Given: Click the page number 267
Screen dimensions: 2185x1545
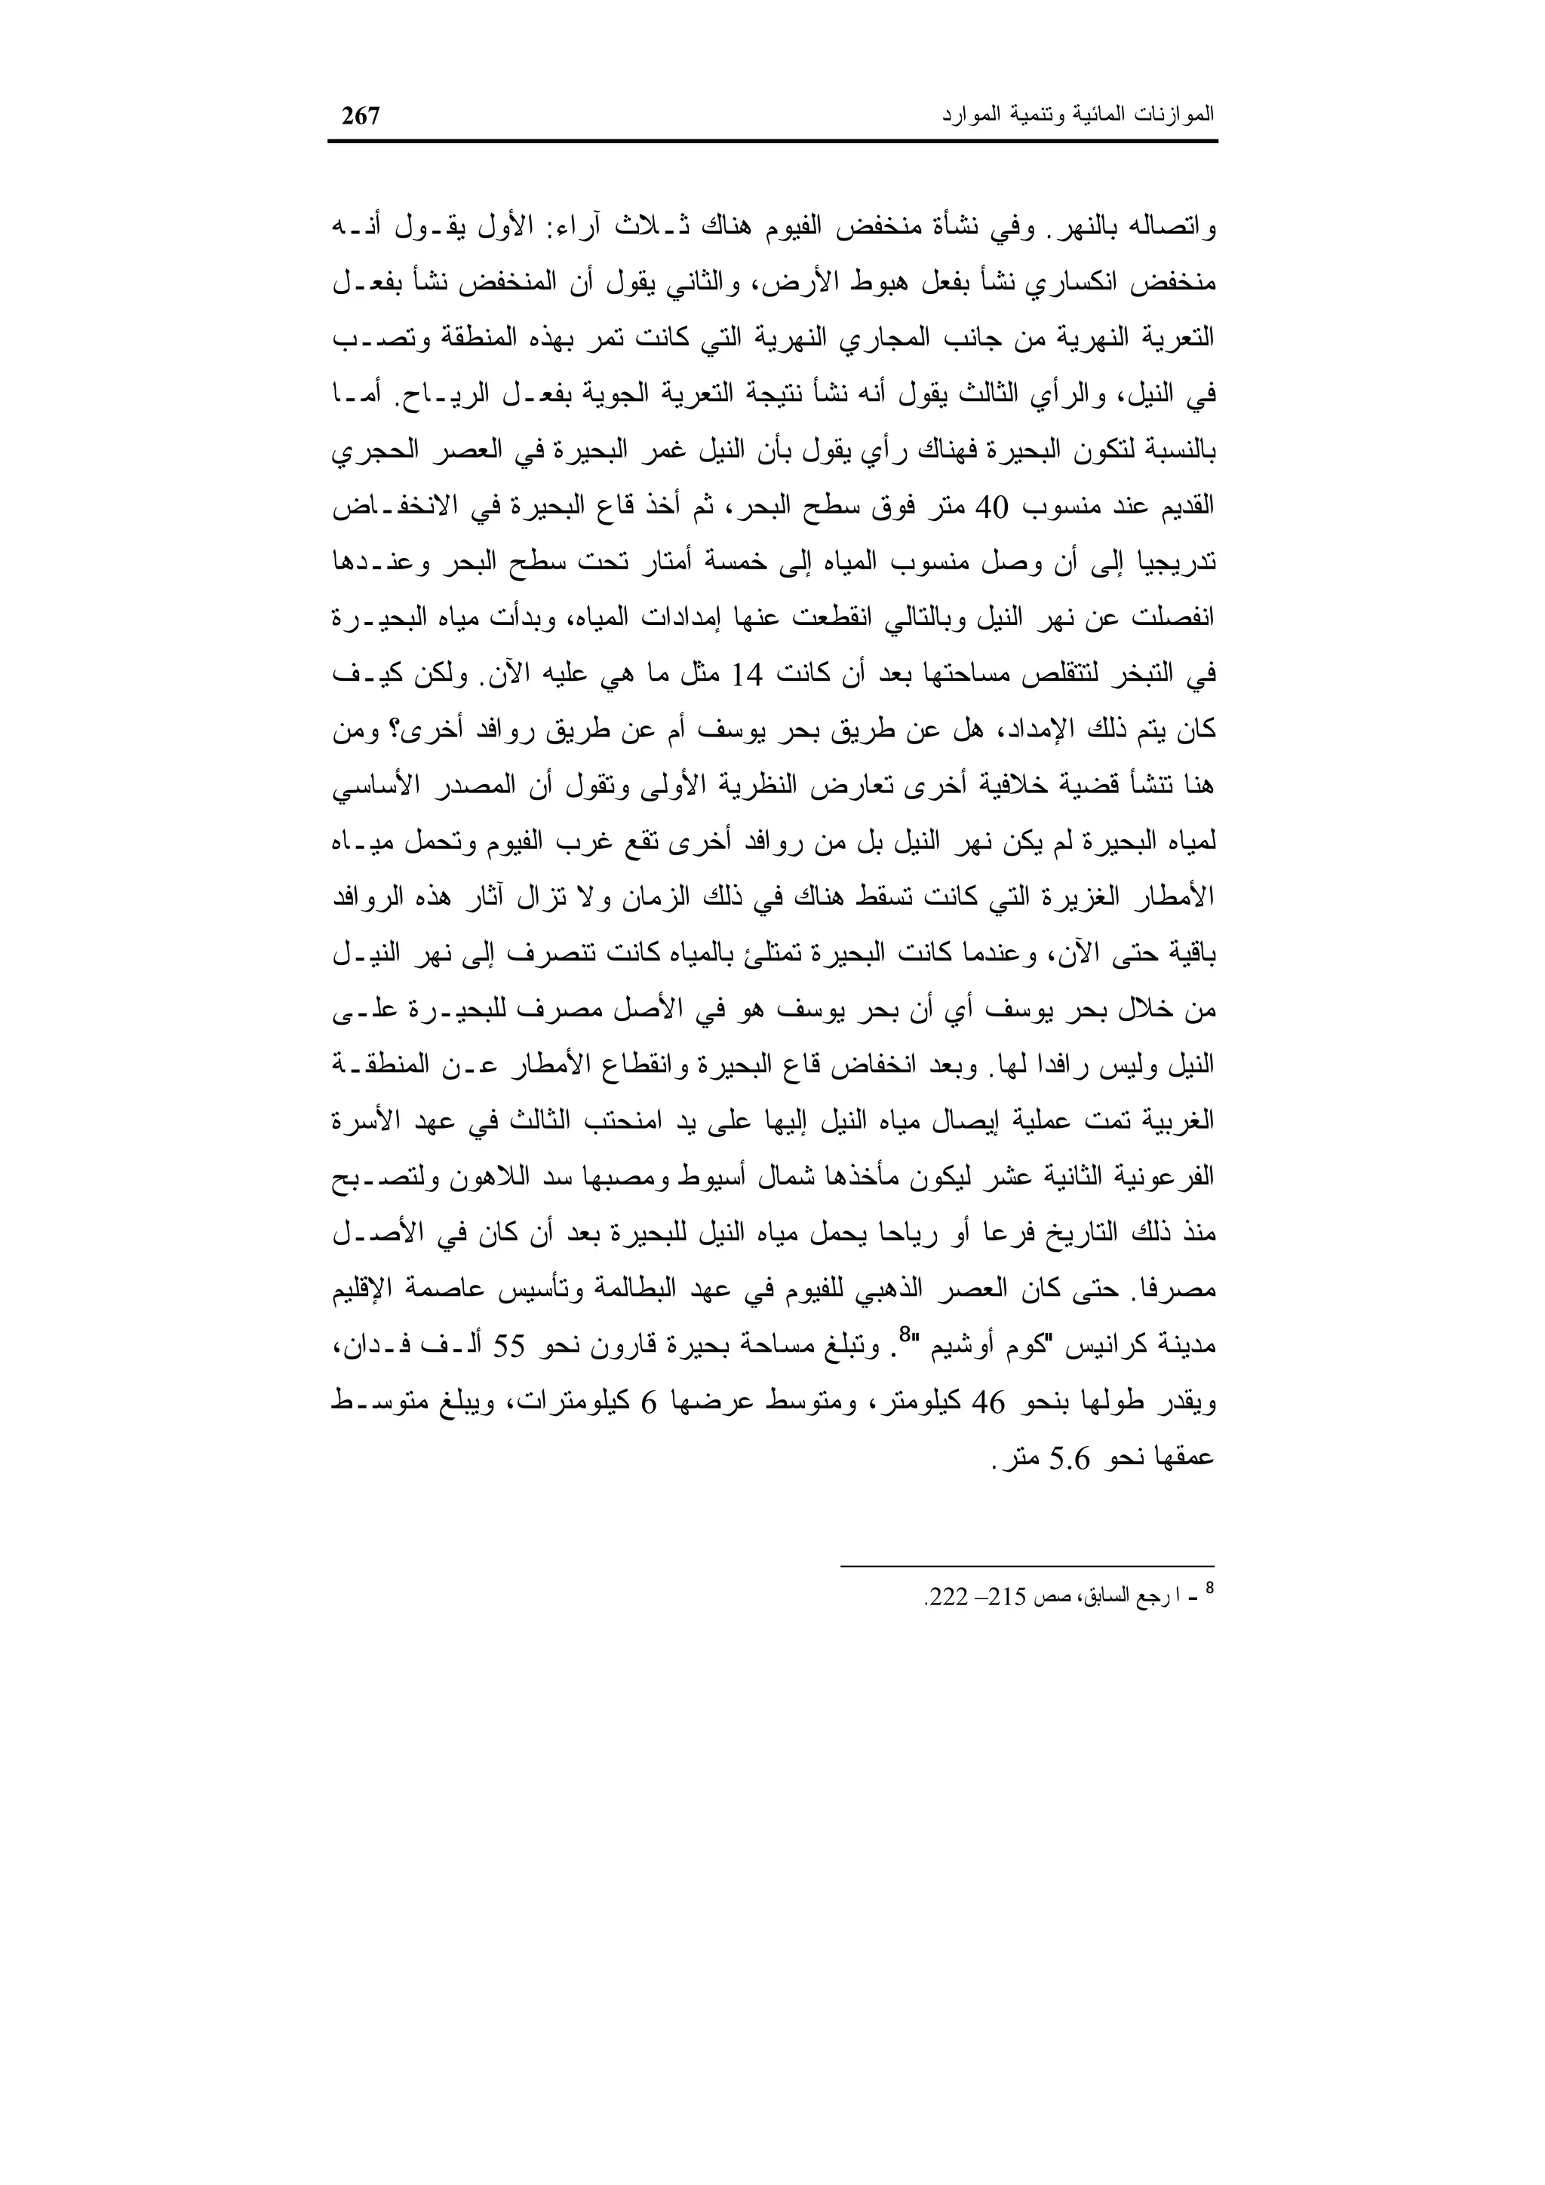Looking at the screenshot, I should pos(361,116).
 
